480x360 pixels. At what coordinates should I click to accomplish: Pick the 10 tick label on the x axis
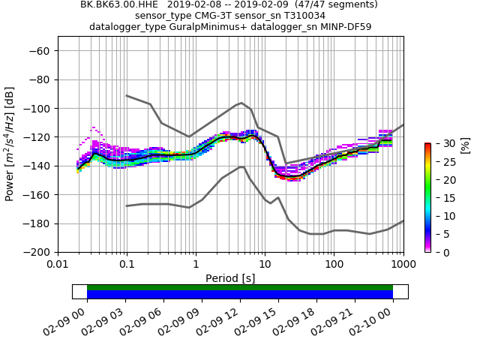click(265, 265)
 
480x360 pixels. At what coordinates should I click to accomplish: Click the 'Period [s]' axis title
click(230, 278)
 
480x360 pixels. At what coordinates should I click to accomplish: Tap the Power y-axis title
click(10, 144)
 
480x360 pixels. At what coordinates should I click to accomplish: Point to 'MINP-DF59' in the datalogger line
click(347, 26)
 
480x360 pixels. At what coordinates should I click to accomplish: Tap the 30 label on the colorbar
click(441, 142)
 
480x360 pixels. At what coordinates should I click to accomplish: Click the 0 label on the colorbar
click(438, 252)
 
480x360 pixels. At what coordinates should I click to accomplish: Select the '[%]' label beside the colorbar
click(465, 145)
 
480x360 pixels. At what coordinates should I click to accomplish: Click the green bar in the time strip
click(240, 287)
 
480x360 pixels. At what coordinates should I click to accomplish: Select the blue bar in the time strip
click(240, 295)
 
